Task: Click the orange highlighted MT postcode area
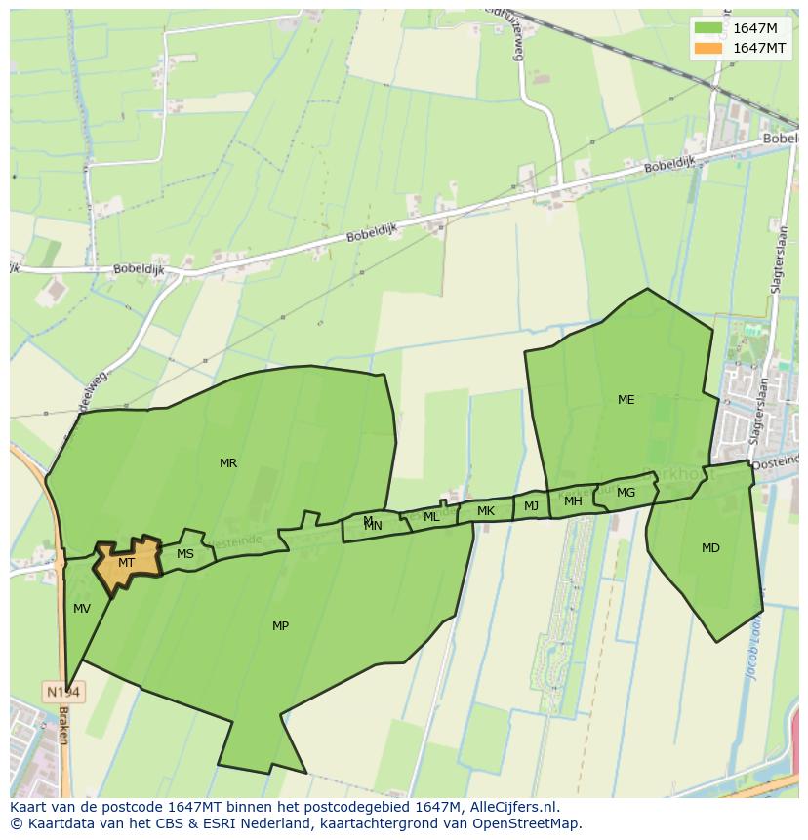[127, 563]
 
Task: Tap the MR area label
[228, 463]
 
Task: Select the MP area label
[280, 626]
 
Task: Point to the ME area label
[626, 400]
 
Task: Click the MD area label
[710, 548]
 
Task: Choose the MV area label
[82, 609]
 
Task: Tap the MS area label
[185, 554]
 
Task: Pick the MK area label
[486, 511]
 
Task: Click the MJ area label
[531, 506]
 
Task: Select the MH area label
[573, 501]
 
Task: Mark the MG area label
[626, 493]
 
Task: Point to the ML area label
[431, 517]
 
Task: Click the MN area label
[373, 527]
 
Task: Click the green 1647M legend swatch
[708, 28]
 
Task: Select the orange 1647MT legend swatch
[708, 48]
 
